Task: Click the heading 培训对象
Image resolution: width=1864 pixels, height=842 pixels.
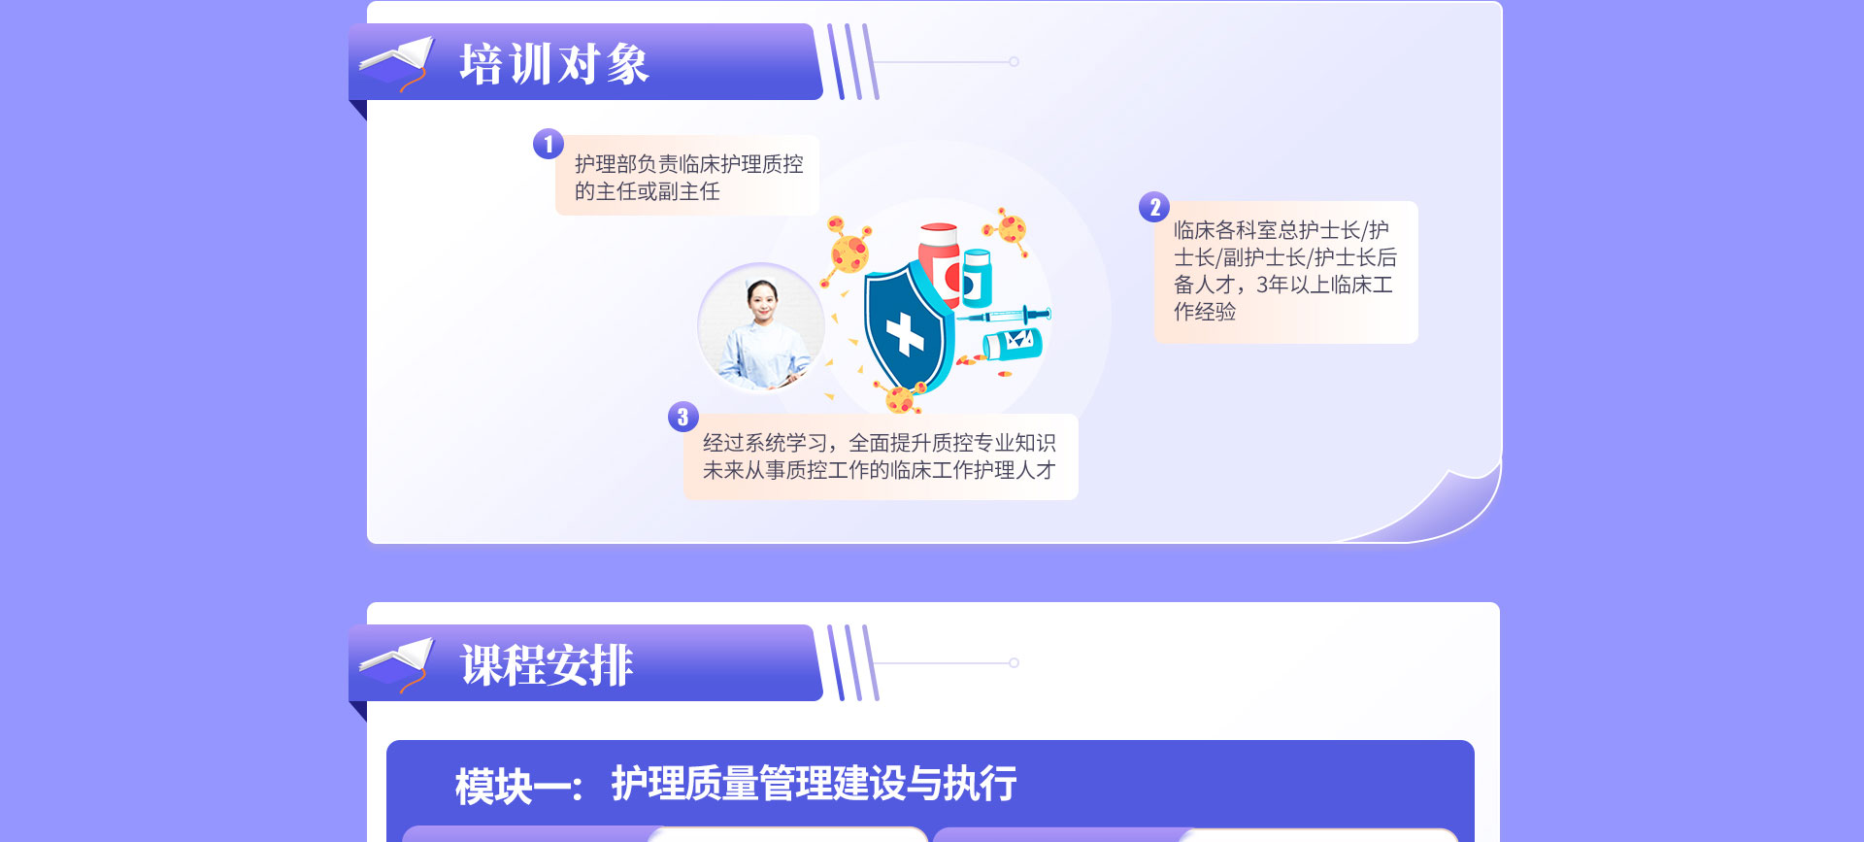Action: click(x=553, y=64)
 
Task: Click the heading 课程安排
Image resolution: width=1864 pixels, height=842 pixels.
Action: click(x=547, y=665)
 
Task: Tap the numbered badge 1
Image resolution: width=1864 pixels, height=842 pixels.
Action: click(x=549, y=144)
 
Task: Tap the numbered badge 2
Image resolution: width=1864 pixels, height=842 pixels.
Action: click(x=1154, y=207)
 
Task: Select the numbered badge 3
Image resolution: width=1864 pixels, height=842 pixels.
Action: click(x=683, y=417)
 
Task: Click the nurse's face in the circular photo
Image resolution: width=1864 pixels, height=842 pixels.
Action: click(x=762, y=301)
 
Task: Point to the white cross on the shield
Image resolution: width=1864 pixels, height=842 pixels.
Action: click(x=905, y=334)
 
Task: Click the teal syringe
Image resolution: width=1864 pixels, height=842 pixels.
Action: click(x=1004, y=316)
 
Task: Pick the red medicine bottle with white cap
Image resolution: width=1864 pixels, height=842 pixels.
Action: click(x=939, y=262)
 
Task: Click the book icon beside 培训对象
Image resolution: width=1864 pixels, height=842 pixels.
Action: click(x=396, y=63)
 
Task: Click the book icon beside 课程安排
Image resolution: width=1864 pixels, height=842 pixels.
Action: click(x=396, y=664)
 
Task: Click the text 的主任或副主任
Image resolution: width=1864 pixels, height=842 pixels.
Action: click(x=648, y=191)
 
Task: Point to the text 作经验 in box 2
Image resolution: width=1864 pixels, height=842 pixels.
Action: click(x=1205, y=312)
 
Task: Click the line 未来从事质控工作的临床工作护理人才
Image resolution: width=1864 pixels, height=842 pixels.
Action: click(x=879, y=470)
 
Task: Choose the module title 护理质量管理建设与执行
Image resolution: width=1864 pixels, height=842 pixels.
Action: click(x=814, y=784)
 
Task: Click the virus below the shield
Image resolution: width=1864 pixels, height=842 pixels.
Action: click(x=898, y=398)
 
